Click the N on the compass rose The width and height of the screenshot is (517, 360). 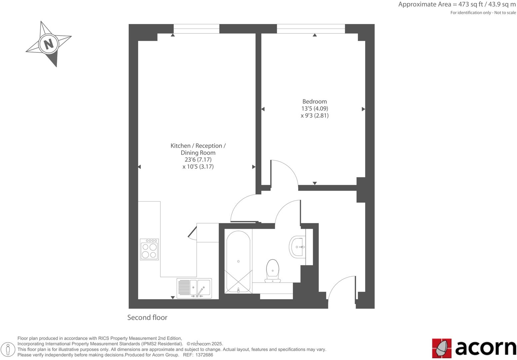click(x=49, y=44)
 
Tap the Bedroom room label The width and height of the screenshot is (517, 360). click(x=314, y=101)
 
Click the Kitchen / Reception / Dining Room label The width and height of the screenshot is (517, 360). click(x=198, y=149)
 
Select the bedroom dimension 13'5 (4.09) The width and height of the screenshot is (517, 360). click(x=314, y=108)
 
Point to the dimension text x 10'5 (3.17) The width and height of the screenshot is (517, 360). click(x=198, y=167)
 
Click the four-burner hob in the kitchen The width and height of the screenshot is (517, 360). click(x=149, y=249)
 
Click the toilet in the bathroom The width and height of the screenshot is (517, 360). click(x=272, y=270)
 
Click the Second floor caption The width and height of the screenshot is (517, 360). click(x=147, y=317)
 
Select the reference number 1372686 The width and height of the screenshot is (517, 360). click(x=204, y=355)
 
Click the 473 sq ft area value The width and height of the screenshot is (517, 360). click(x=468, y=5)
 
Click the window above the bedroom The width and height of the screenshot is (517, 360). click(x=311, y=29)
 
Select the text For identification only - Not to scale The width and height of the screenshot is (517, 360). click(x=483, y=13)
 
